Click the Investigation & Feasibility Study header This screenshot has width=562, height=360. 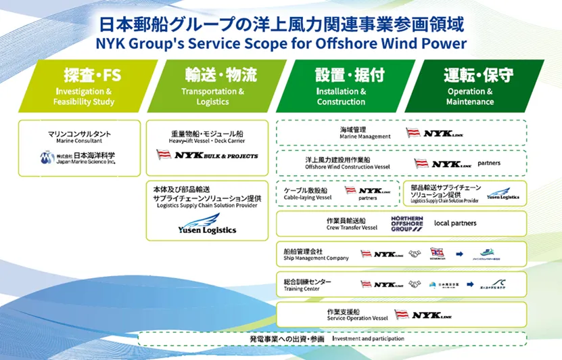pyautogui.click(x=84, y=85)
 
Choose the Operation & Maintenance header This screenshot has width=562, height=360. pyautogui.click(x=471, y=85)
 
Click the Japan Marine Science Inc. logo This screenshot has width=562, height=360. pyautogui.click(x=78, y=158)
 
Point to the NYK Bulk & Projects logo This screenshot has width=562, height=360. pyautogui.click(x=207, y=155)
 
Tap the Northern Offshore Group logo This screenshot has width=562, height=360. pyautogui.click(x=406, y=223)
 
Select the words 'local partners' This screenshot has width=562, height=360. pyautogui.click(x=454, y=223)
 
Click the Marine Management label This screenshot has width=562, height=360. pyautogui.click(x=365, y=133)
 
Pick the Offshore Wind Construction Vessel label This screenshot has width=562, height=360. pyautogui.click(x=347, y=163)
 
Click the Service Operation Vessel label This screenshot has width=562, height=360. pyautogui.click(x=357, y=315)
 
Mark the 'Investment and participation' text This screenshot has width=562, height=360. pyautogui.click(x=368, y=338)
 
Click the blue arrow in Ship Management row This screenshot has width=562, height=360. pyautogui.click(x=459, y=254)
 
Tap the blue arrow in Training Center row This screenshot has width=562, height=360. pyautogui.click(x=460, y=284)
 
